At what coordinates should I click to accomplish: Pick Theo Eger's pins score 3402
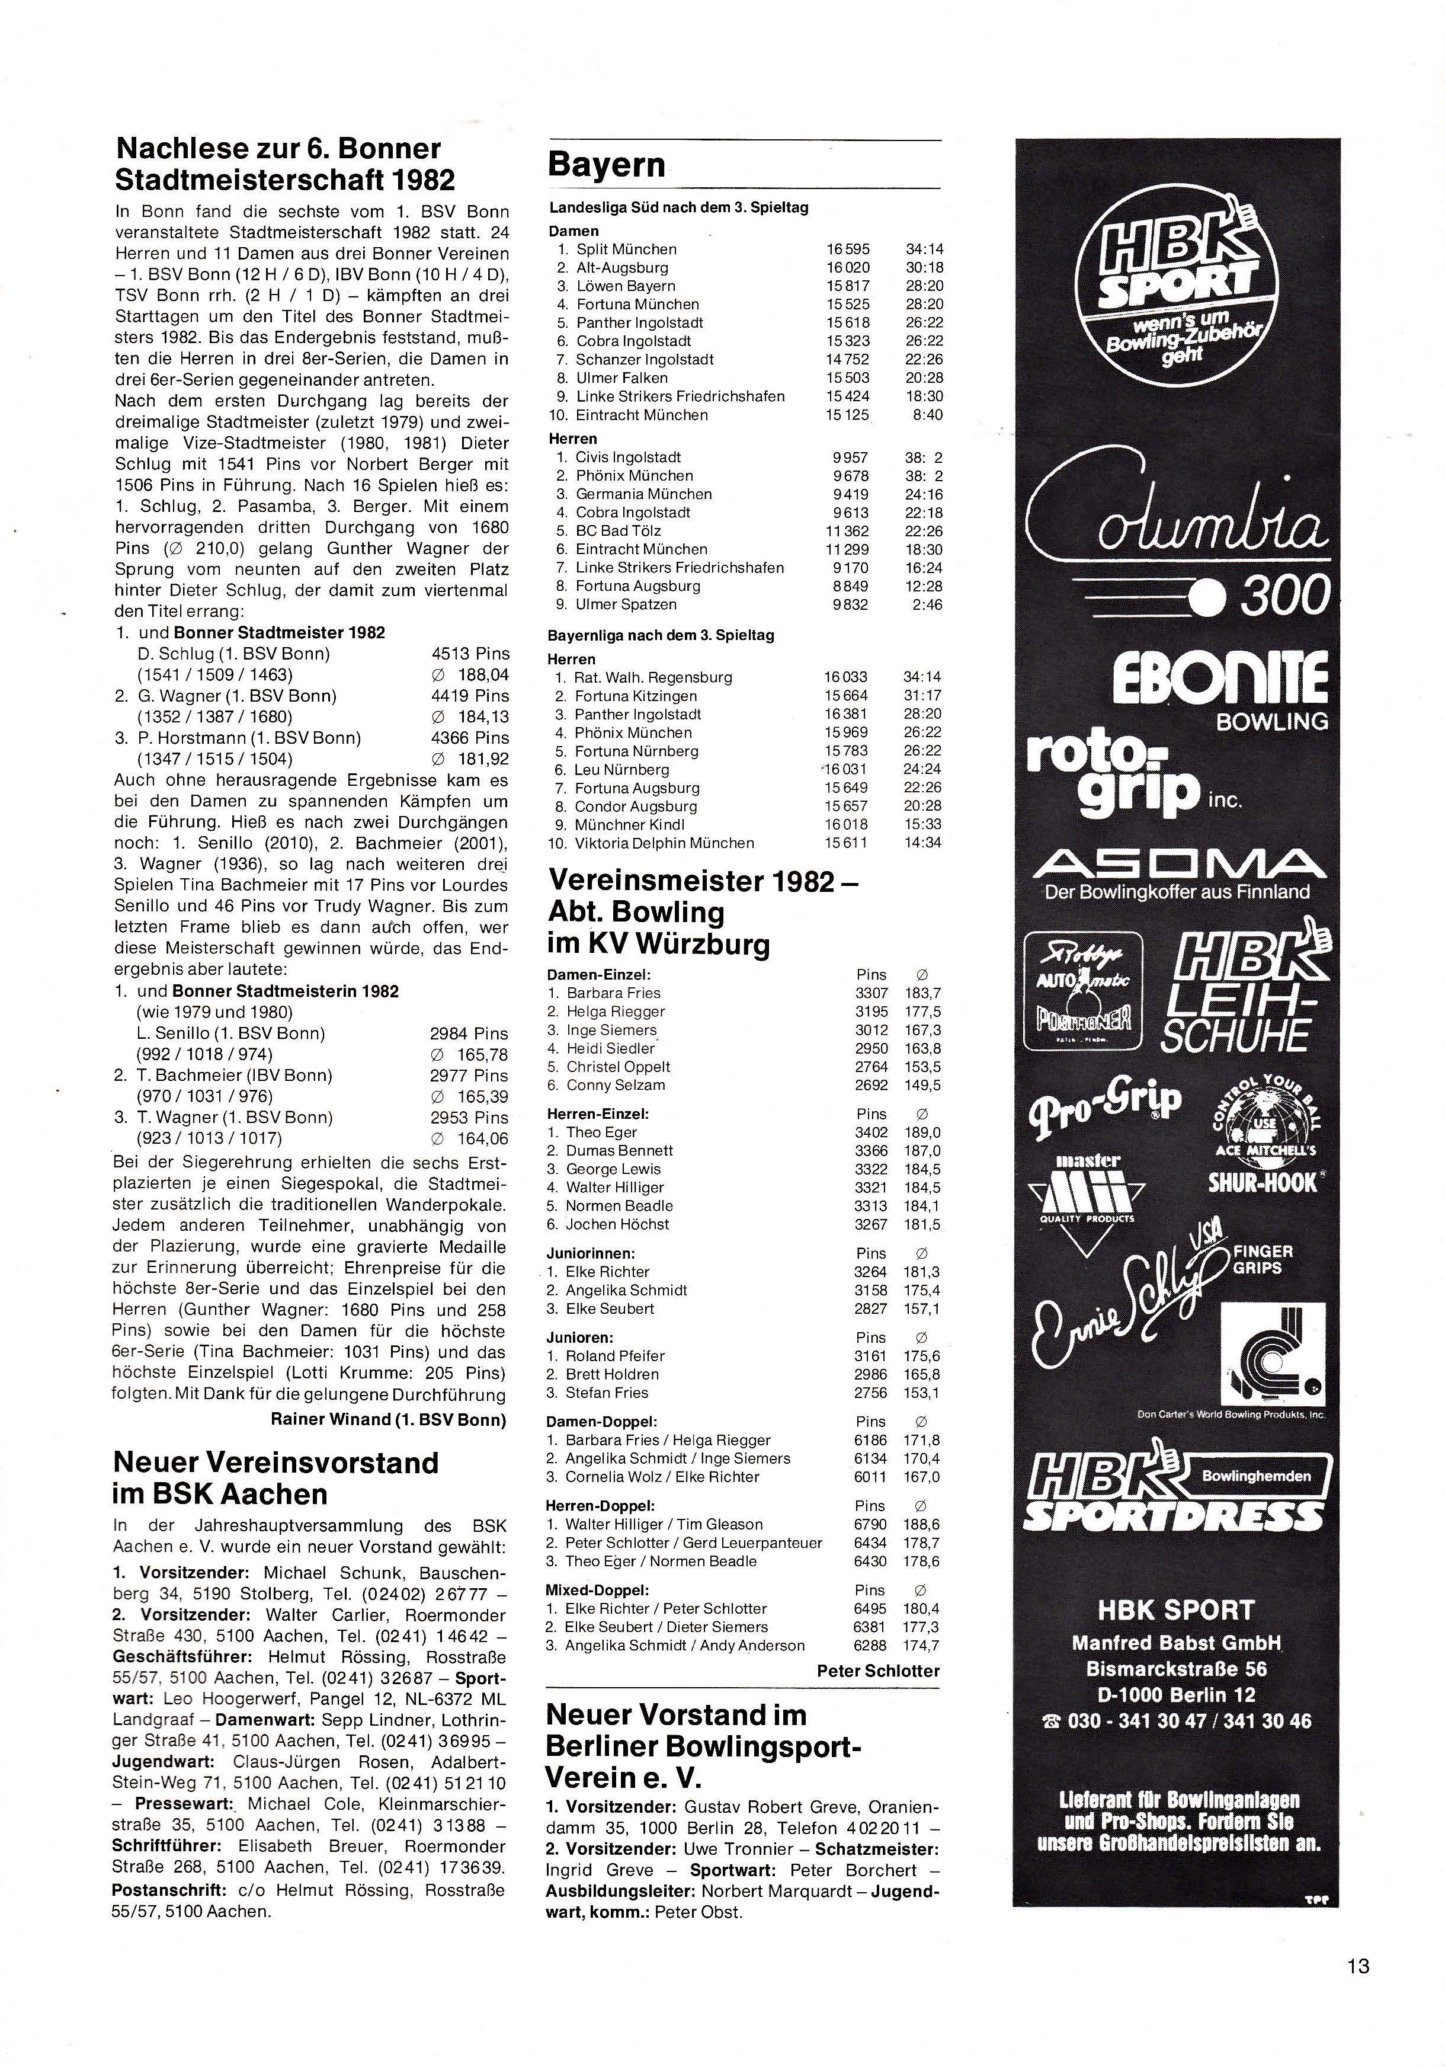tap(870, 1132)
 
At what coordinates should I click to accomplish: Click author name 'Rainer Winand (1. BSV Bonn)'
tap(388, 1420)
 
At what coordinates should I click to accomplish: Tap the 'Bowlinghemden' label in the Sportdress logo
tap(1256, 1476)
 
